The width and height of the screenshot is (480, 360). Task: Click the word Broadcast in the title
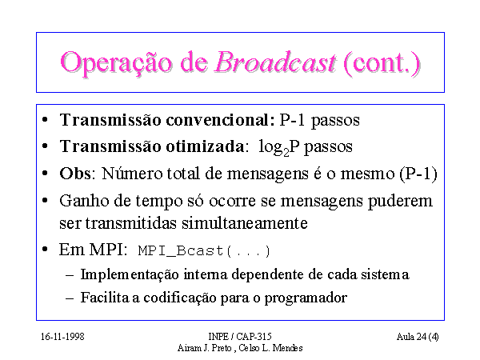pos(275,62)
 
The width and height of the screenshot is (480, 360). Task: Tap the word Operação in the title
pos(116,64)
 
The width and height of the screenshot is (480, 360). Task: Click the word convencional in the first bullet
pos(221,120)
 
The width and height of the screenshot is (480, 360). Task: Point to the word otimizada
pos(205,146)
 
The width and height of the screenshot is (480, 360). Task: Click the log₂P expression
pos(279,147)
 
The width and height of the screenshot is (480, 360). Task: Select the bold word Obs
pos(75,174)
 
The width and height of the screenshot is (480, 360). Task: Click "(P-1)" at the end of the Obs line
pos(418,174)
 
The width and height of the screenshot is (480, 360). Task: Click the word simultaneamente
pos(245,223)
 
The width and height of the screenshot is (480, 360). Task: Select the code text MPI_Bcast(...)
pos(204,251)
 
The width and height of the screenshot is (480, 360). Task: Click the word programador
pos(306,298)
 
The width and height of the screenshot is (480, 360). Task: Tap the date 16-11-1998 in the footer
pos(62,337)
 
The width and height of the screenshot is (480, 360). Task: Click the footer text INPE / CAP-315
pos(240,337)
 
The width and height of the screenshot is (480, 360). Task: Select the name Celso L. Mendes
pos(270,348)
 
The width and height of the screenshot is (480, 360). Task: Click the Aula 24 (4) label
pos(418,337)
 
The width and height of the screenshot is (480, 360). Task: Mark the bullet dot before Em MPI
pos(45,250)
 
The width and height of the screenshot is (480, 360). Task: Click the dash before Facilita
pos(70,298)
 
